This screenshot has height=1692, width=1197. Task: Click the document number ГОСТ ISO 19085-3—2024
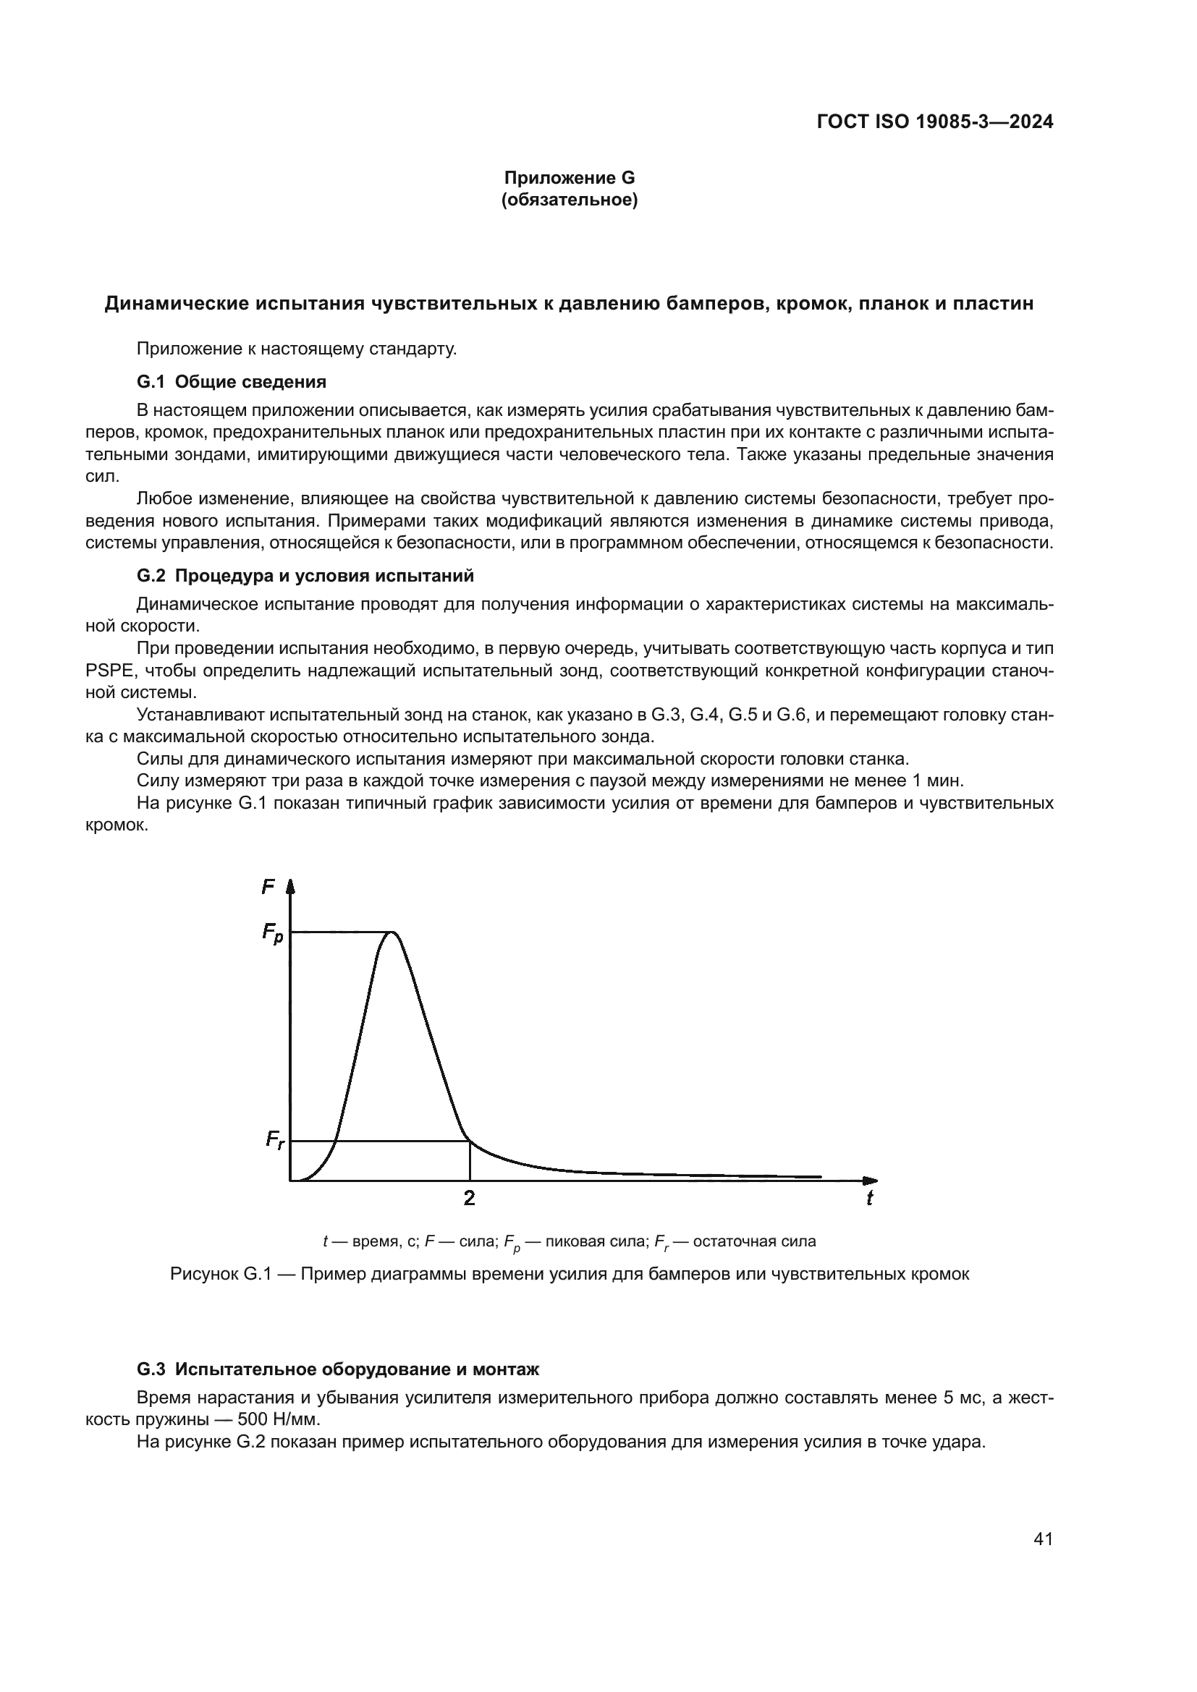[x=934, y=122]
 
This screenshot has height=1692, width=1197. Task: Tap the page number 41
[x=1043, y=1539]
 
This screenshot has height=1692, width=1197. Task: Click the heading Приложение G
[x=569, y=178]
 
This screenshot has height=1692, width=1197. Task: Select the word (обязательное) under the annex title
[x=569, y=200]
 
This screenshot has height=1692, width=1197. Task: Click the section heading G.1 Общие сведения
[x=232, y=382]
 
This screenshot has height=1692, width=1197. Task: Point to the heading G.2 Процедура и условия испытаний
[x=305, y=576]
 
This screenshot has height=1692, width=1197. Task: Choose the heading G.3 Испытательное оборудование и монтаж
[x=337, y=1369]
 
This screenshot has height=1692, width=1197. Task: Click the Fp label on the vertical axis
[x=272, y=933]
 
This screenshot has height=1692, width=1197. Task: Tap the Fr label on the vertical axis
[x=274, y=1141]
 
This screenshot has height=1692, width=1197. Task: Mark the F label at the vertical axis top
[x=268, y=888]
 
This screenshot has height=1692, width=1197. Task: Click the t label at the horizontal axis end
[x=869, y=1199]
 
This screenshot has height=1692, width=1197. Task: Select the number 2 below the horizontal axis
[x=469, y=1199]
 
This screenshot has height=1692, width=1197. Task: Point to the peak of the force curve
[x=394, y=932]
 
